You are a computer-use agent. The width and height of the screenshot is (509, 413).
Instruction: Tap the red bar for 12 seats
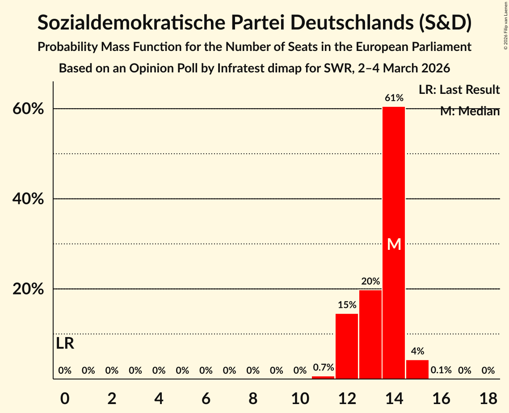tap(347, 346)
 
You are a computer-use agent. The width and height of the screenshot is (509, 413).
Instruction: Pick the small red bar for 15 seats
tap(417, 369)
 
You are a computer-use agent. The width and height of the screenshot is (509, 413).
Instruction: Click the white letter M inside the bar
tap(394, 244)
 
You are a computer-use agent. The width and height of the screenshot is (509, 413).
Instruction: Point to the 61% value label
tap(394, 98)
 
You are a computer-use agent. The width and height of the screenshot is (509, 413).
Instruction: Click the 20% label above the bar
tap(370, 282)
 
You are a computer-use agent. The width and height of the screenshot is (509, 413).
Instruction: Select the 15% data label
tap(347, 305)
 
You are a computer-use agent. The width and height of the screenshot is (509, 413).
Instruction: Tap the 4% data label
tap(417, 351)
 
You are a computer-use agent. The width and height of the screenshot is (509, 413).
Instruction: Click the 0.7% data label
tap(323, 368)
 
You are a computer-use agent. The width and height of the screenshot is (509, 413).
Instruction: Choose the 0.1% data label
tap(441, 371)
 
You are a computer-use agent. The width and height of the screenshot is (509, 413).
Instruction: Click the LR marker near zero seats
tap(65, 344)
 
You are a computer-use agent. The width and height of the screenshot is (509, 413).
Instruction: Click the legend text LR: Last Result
tap(459, 90)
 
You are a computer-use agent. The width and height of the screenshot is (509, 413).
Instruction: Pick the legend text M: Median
tap(470, 111)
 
